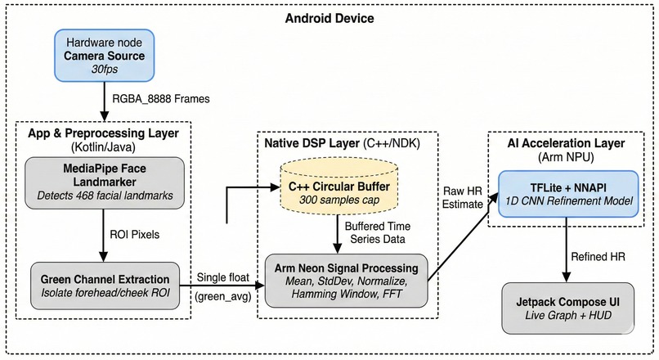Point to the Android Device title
pyautogui.click(x=330, y=18)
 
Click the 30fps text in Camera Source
pyautogui.click(x=104, y=72)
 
